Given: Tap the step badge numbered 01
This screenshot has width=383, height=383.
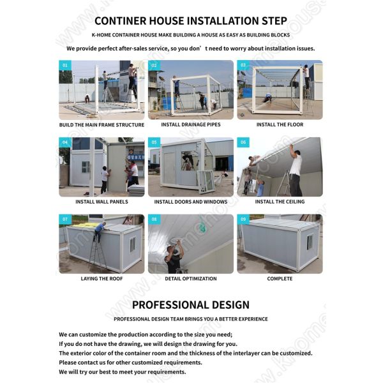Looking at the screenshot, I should point(64,65).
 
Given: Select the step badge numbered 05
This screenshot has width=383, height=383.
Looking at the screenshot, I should point(154,142).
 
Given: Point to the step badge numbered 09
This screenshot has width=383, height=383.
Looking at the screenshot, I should point(243,219).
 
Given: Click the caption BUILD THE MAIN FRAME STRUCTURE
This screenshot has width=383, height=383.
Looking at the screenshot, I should point(101,125).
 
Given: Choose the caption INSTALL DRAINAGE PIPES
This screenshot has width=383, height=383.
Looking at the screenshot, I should point(191,125).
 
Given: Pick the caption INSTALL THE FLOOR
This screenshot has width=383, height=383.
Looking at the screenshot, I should point(280,125).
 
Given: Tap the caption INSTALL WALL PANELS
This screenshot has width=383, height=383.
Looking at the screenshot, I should point(101,202).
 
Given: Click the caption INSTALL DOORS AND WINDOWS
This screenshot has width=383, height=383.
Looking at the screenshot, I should point(191,202).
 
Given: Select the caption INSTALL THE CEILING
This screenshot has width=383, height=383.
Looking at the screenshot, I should point(280,202).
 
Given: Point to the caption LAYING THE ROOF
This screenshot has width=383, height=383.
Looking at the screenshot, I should point(101,278).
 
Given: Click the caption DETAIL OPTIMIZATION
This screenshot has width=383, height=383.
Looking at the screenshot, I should point(191,278).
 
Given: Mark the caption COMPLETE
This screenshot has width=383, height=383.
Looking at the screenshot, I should point(280,278).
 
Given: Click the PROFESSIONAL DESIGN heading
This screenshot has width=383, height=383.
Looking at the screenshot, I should point(190,304).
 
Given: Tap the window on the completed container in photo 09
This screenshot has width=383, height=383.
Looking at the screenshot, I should point(310,242).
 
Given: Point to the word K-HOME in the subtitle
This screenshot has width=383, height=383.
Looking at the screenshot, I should point(103,35).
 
